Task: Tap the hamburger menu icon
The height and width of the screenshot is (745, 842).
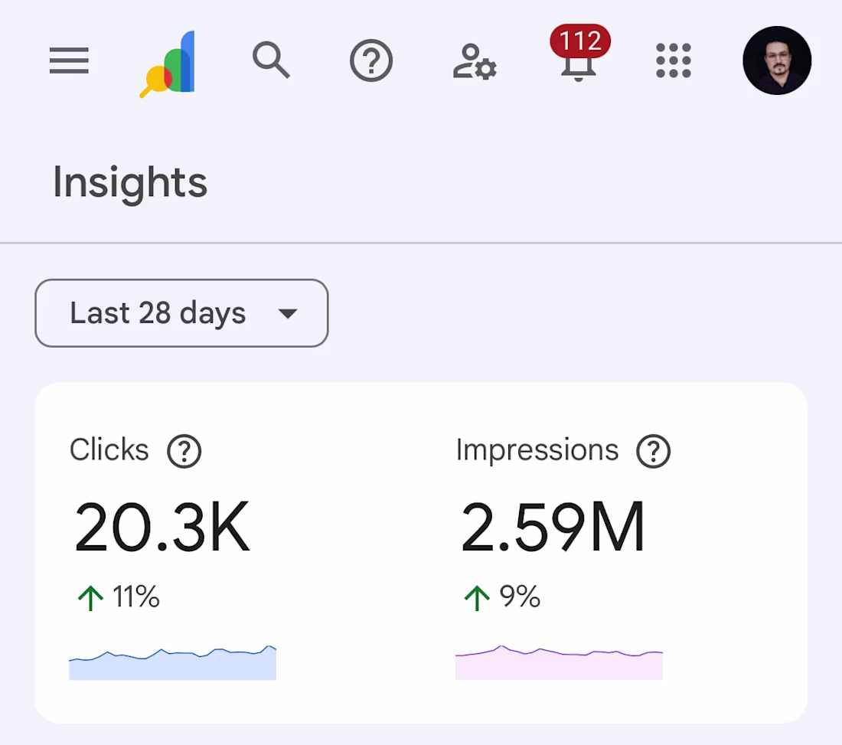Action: (x=69, y=60)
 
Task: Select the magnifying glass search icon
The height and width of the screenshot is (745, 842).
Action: (x=271, y=60)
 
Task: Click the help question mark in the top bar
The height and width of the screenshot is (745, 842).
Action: (x=371, y=60)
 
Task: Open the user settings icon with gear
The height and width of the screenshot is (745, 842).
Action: (x=475, y=62)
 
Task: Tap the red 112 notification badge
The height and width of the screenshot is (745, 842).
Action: (x=579, y=41)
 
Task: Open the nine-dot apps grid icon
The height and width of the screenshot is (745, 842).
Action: (x=674, y=60)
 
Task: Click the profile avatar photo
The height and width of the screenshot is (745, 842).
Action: (x=777, y=60)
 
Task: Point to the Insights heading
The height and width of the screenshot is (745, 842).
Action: (x=130, y=182)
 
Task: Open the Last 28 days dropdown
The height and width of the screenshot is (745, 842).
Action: (x=181, y=313)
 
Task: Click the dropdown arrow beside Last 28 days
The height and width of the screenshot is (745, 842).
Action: (x=287, y=314)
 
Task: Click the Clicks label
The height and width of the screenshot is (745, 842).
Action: (x=109, y=450)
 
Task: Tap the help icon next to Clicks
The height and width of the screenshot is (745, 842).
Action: (x=184, y=452)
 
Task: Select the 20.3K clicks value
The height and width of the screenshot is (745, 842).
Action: (x=162, y=528)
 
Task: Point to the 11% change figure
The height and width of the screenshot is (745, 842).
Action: (x=135, y=596)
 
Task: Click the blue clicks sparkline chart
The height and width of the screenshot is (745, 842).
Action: (x=172, y=664)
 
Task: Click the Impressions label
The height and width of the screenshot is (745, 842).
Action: (x=537, y=450)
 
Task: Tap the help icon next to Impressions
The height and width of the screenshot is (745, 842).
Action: (x=654, y=452)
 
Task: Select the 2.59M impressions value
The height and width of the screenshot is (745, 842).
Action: (x=553, y=528)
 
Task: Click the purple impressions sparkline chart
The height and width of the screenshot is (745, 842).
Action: (x=559, y=665)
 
